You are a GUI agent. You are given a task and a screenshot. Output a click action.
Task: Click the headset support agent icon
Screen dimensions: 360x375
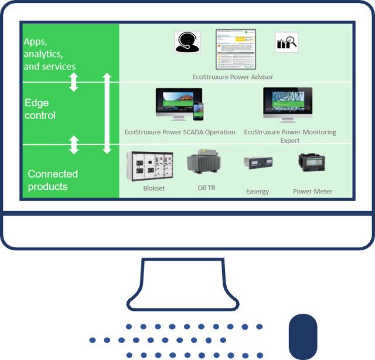click(187, 42)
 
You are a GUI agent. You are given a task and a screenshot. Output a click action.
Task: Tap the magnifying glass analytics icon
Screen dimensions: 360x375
click(287, 42)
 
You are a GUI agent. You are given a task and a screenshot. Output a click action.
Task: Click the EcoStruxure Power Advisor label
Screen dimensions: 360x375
click(233, 77)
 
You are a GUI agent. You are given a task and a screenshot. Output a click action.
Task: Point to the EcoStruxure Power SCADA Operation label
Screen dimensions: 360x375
click(180, 132)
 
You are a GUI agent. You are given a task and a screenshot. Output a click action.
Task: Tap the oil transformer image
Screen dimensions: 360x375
click(203, 164)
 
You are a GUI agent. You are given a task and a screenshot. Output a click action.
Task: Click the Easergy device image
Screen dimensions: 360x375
click(258, 162)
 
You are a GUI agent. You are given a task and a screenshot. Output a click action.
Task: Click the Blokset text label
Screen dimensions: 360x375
click(154, 189)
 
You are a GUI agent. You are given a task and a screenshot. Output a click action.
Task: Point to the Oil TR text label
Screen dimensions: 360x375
click(206, 188)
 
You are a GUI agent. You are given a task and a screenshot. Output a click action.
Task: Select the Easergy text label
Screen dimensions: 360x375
click(258, 191)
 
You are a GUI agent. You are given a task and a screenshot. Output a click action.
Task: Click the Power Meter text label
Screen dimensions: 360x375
click(312, 191)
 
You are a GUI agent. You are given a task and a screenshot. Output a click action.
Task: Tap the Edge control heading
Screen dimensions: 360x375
click(40, 109)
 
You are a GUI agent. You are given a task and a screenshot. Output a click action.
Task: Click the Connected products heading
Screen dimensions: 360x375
click(53, 180)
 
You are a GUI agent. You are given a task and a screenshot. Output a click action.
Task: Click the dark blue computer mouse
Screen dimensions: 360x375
click(303, 337)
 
